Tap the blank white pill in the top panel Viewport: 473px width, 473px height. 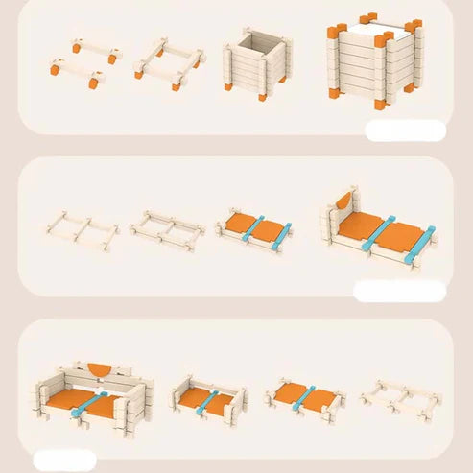tap(405, 130)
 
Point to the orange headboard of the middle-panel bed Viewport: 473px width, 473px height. tap(343, 202)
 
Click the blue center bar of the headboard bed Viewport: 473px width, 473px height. tap(370, 234)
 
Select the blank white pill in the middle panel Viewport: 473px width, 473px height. tap(398, 290)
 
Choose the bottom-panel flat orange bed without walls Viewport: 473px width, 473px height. tap(307, 394)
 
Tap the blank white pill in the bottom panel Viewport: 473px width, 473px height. tap(64, 460)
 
